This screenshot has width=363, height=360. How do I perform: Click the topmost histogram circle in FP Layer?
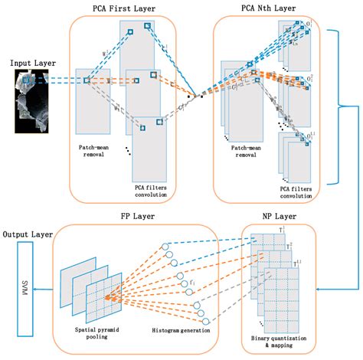(x=165, y=247)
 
